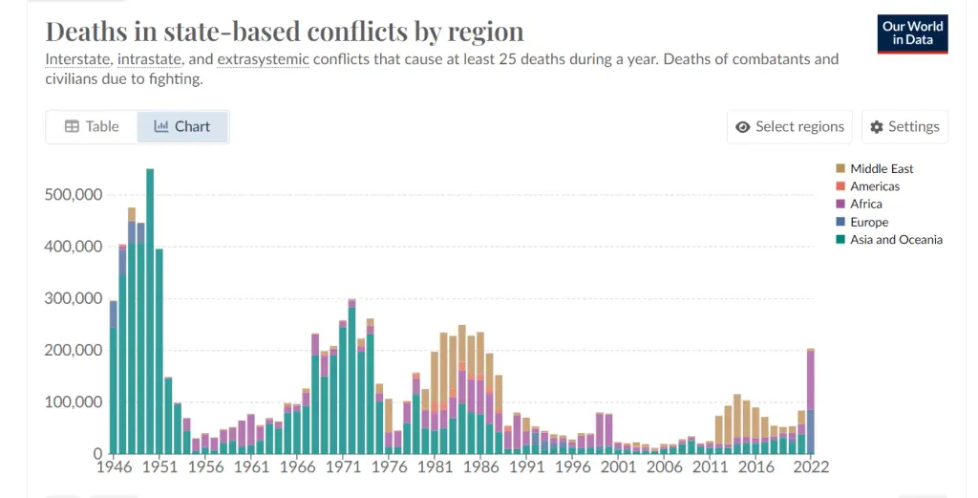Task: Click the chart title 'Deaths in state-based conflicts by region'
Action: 285,31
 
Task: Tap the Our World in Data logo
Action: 913,33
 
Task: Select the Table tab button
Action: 92,126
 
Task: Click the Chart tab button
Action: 182,126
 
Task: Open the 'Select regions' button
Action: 790,126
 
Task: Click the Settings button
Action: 904,126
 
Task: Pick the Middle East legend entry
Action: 881,169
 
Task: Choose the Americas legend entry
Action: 874,186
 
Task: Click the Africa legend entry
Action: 865,204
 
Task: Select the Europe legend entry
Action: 868,222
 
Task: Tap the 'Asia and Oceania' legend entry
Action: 895,240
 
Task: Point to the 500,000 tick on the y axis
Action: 74,195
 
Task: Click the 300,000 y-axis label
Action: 74,298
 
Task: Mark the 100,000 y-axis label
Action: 74,401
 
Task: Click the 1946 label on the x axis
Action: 114,467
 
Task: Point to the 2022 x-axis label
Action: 811,467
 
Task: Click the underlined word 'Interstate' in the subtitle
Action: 76,59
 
